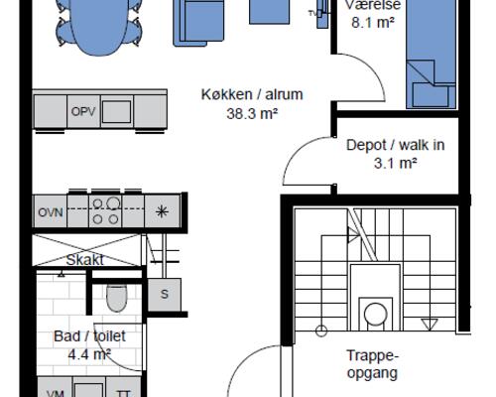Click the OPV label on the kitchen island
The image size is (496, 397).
tap(83, 111)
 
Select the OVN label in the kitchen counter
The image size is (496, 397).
tap(51, 212)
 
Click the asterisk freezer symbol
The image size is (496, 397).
tap(162, 211)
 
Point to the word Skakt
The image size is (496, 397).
tap(85, 260)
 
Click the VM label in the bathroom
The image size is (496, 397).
tap(56, 392)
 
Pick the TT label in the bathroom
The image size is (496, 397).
tap(123, 392)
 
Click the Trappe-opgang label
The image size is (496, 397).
tap(373, 365)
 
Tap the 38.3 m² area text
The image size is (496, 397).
tap(252, 114)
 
